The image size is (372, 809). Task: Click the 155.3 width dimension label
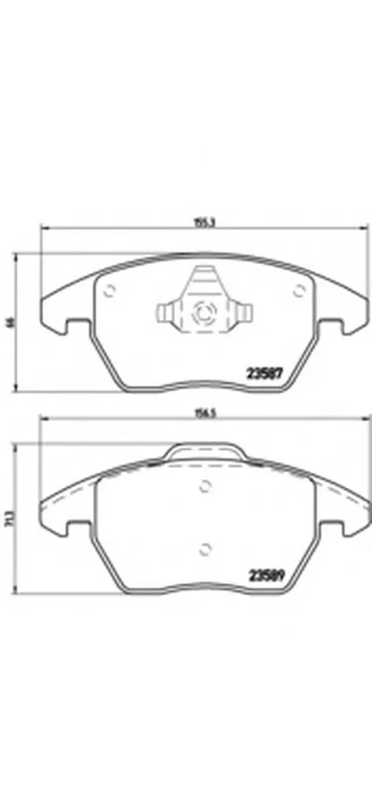199,222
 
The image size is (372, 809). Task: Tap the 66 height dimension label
11,322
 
